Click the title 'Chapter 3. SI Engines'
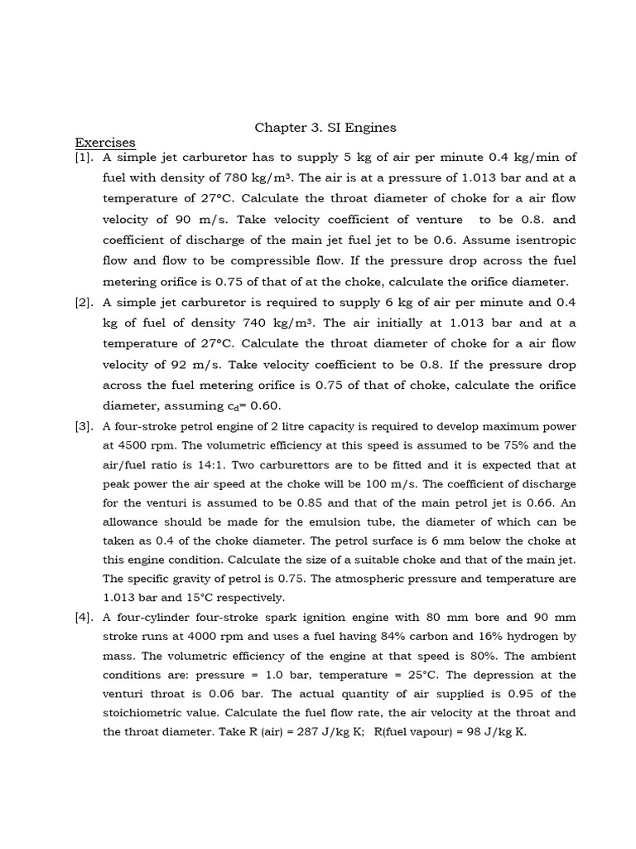click(325, 128)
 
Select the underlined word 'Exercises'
click(105, 143)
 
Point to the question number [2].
click(85, 302)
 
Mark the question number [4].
click(85, 618)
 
